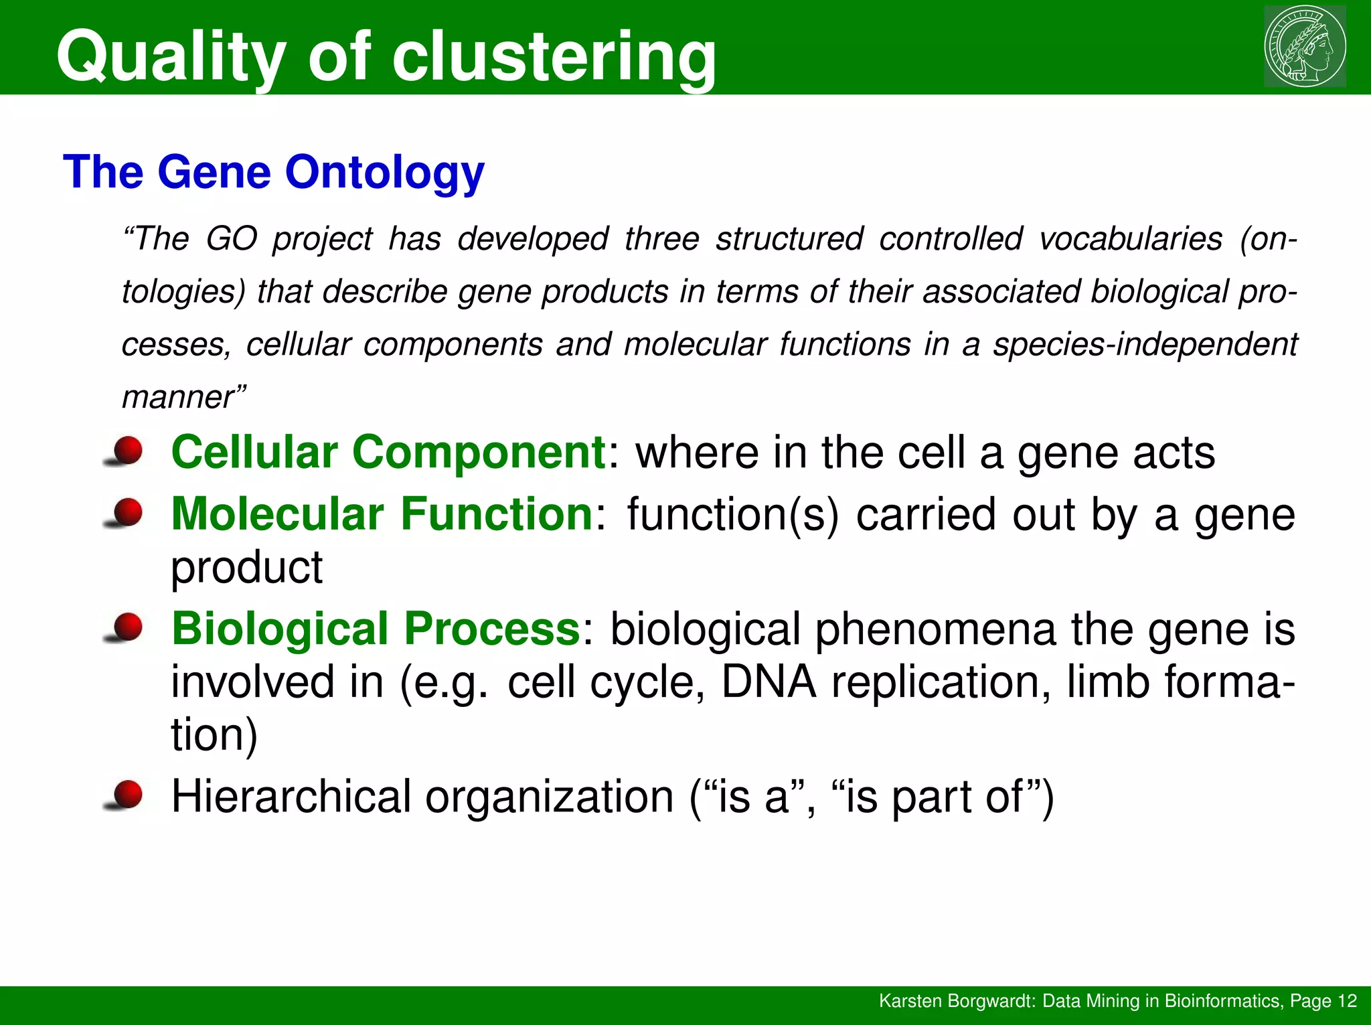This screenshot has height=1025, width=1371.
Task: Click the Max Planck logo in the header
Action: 1305,46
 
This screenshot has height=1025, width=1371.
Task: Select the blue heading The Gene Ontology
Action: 273,172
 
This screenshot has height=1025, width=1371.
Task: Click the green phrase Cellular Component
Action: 388,453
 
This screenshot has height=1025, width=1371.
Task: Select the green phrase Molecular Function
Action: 382,514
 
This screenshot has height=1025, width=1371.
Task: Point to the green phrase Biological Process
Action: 376,629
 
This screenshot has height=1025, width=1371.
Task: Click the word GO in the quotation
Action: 231,239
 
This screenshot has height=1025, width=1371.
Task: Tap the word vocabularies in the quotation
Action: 1131,239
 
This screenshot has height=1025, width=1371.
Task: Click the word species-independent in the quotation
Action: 1145,345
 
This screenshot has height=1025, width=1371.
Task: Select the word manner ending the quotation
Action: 177,398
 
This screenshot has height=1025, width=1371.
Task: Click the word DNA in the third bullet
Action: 769,682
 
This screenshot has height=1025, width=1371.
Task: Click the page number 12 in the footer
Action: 1346,1001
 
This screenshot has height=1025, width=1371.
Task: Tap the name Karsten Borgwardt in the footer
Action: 957,1001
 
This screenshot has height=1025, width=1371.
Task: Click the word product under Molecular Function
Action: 246,568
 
